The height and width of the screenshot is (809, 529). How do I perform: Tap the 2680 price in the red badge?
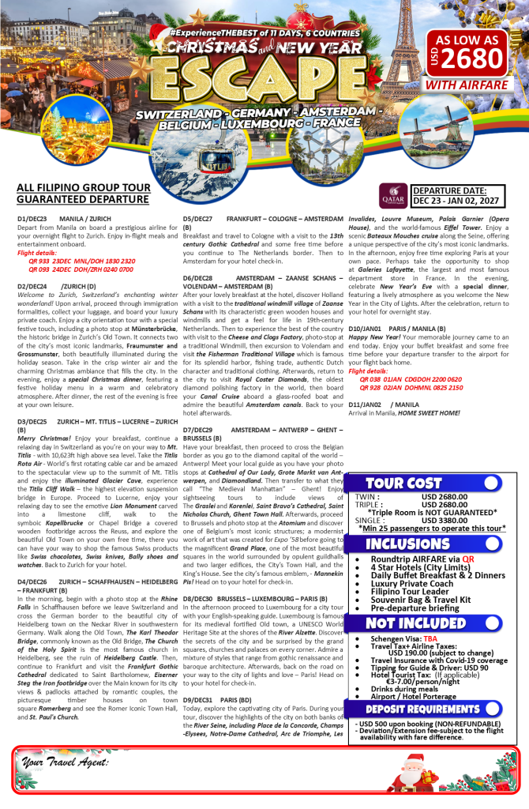point(473,58)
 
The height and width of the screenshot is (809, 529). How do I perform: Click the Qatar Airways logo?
point(392,194)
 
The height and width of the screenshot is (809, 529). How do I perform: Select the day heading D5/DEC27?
point(197,218)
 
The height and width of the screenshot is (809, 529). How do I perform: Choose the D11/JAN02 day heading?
point(371,403)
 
